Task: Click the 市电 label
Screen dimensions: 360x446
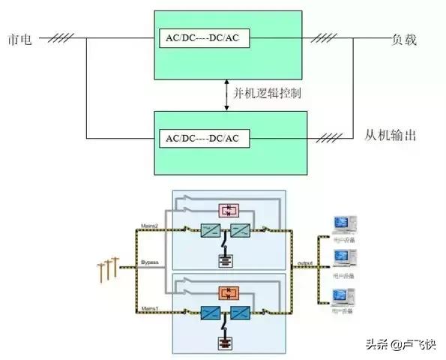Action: click(19, 39)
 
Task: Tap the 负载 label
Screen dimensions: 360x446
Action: click(403, 39)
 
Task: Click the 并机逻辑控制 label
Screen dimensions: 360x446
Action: click(268, 92)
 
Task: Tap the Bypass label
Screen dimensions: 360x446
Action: click(150, 263)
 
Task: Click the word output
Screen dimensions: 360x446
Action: click(304, 263)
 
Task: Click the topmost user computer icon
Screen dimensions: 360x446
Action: click(344, 224)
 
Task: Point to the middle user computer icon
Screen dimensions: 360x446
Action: click(344, 258)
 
